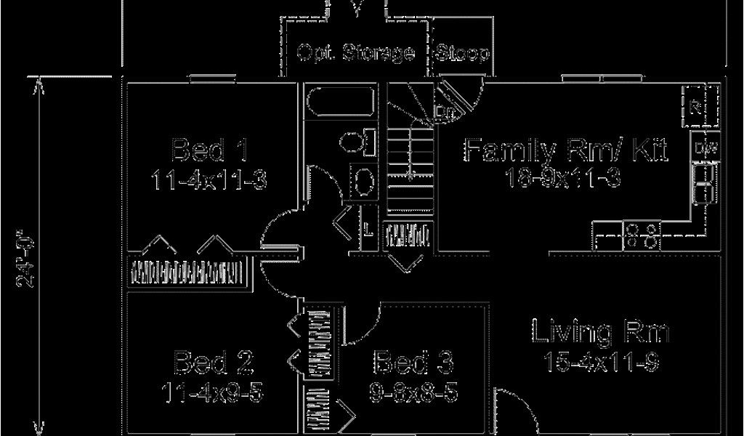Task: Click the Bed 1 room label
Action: [x=210, y=150]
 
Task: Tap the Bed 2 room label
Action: [x=211, y=361]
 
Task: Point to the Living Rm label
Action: [x=600, y=332]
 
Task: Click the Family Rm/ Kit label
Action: [x=566, y=150]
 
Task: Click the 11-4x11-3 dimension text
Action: [x=210, y=179]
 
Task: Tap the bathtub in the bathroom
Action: [x=339, y=102]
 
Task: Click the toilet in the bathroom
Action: [x=355, y=140]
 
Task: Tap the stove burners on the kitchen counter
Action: [x=643, y=235]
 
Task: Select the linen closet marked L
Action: [x=369, y=231]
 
